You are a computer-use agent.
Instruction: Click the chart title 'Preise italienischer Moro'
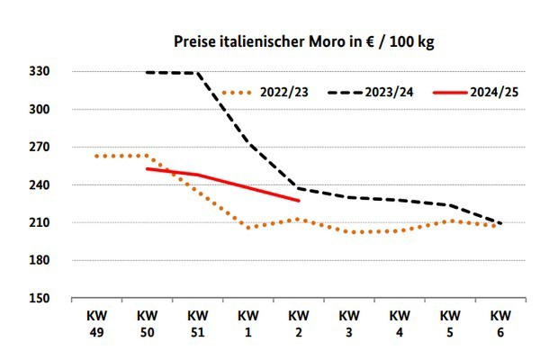304,42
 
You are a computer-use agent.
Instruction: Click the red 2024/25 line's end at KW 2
298,200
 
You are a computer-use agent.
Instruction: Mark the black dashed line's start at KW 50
147,72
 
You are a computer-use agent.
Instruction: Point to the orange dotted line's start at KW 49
96,156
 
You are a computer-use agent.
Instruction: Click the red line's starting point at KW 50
147,168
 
